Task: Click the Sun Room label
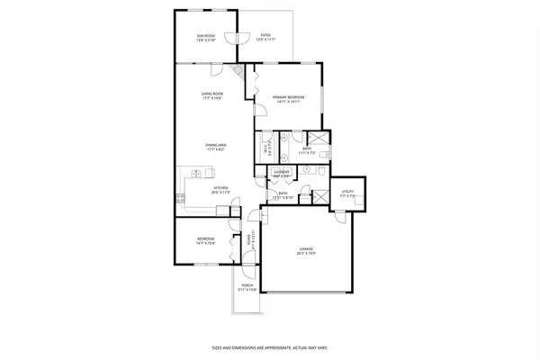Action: pos(206,37)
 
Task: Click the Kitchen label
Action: pos(221,190)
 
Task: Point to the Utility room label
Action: pos(347,193)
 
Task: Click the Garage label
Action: pos(308,252)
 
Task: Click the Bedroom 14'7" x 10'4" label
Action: pos(206,240)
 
